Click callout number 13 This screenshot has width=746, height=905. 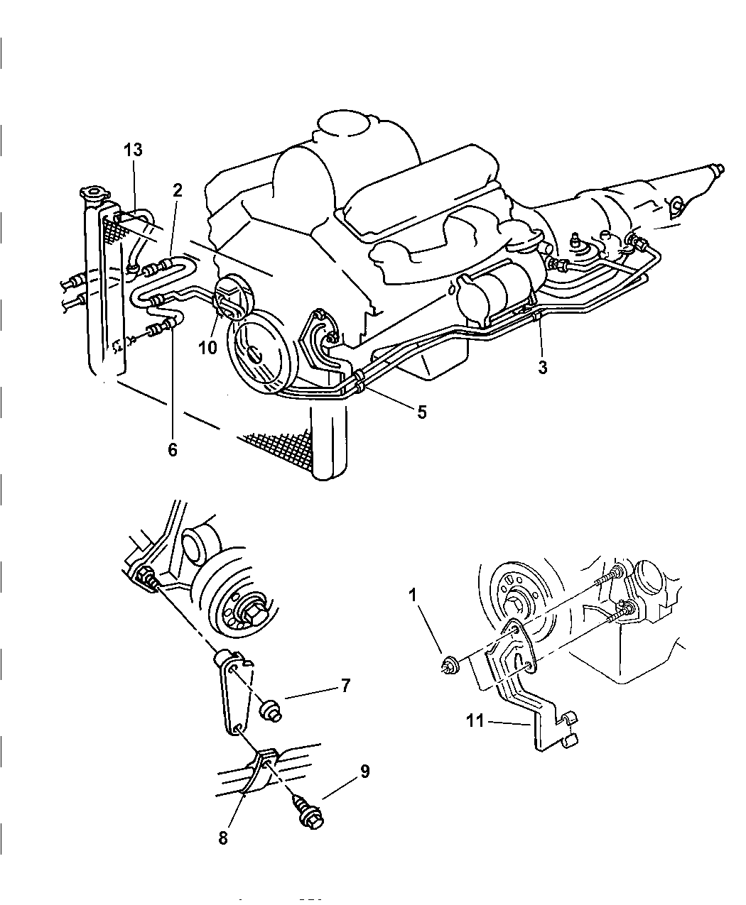[132, 150]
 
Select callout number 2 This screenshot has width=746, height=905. [177, 190]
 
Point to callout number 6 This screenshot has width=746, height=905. [173, 449]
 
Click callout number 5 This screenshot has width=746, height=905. [421, 412]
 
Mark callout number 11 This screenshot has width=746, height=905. [475, 721]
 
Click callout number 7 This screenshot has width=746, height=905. [345, 686]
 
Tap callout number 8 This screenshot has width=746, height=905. [223, 838]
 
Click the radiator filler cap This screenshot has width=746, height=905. [90, 193]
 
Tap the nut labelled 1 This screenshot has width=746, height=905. [448, 666]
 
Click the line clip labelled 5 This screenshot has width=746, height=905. [360, 385]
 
